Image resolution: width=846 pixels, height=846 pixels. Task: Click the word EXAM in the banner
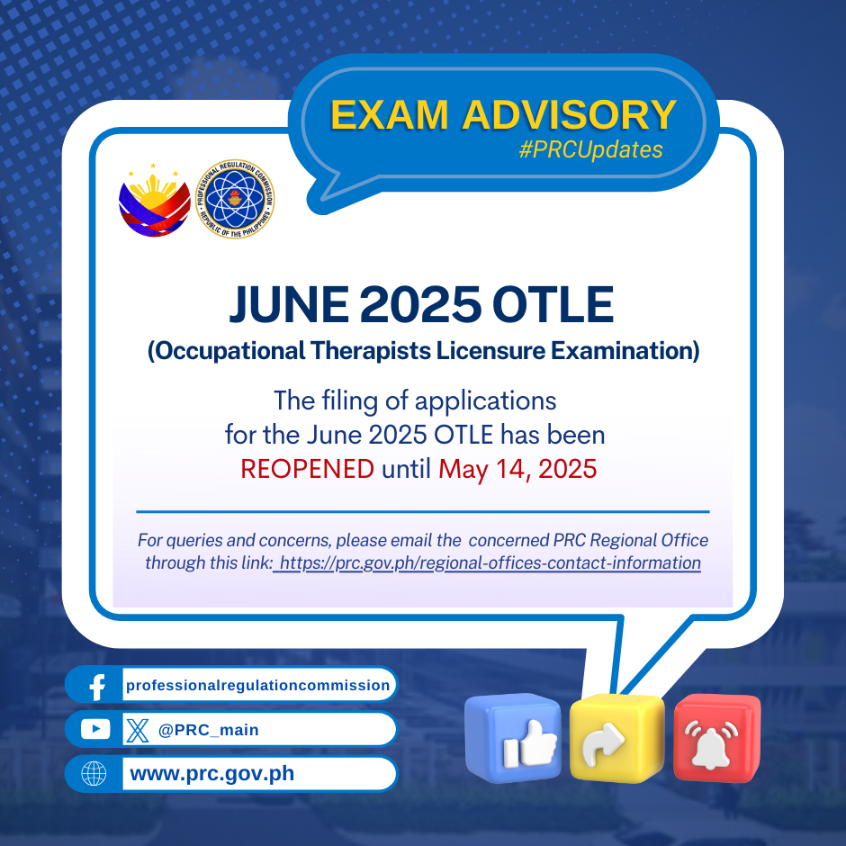tap(389, 115)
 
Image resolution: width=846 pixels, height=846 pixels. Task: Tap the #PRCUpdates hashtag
tap(590, 149)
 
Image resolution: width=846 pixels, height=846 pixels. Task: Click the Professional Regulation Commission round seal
tap(235, 199)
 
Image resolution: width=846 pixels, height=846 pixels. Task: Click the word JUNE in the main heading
tap(289, 304)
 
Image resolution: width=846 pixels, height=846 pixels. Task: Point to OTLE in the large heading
tap(553, 304)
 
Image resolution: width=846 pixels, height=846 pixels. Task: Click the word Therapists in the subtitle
tap(371, 351)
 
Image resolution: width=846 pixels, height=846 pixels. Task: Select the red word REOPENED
tap(307, 469)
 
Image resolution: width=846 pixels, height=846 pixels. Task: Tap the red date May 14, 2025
tap(517, 469)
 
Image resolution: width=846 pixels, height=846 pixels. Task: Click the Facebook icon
tap(97, 686)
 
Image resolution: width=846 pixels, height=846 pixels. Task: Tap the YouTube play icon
tap(95, 730)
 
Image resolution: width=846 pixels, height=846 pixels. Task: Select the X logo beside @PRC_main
tap(137, 730)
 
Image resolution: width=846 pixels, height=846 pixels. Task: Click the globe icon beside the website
tap(94, 774)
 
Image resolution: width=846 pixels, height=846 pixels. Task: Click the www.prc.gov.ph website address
tap(212, 774)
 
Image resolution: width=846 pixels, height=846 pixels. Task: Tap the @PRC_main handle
tap(208, 730)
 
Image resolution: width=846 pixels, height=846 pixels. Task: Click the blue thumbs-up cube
tap(513, 738)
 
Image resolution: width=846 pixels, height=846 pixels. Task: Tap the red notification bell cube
tap(717, 738)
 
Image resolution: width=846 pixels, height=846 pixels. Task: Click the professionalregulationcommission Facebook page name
tap(258, 685)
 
